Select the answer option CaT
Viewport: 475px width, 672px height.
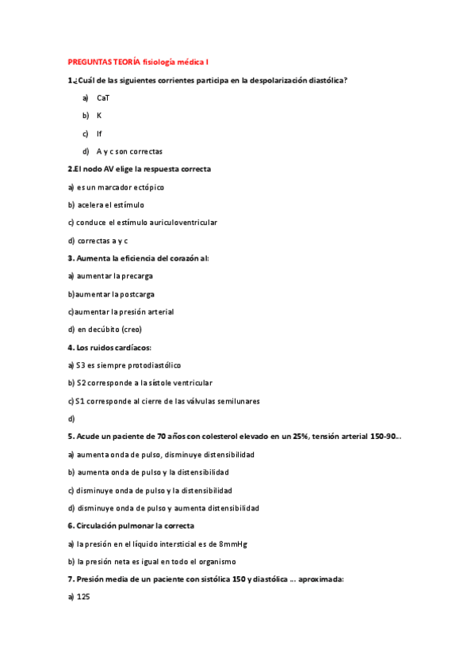[104, 97]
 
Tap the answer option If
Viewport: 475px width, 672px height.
[99, 134]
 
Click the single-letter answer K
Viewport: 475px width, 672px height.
[99, 116]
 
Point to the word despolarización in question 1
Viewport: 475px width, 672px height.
[274, 80]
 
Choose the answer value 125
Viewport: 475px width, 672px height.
[83, 597]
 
